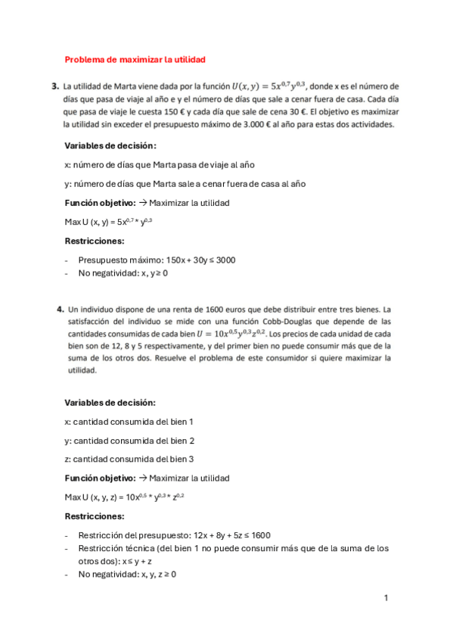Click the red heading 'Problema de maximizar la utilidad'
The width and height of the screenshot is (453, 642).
135,59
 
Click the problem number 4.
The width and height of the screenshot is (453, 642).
60,309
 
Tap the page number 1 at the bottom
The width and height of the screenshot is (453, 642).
386,598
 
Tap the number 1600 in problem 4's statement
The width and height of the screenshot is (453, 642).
189,310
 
